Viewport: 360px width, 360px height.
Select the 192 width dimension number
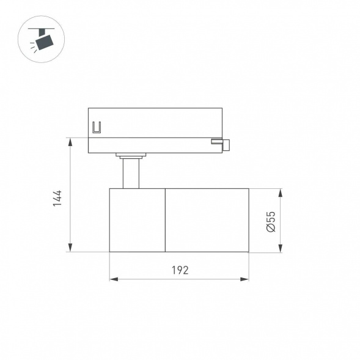click(x=179, y=270)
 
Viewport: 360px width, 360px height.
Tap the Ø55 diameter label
click(x=271, y=221)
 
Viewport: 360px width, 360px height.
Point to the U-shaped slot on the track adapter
click(x=96, y=128)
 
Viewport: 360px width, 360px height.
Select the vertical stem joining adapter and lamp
click(x=130, y=174)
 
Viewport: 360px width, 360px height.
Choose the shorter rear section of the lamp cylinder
click(x=137, y=220)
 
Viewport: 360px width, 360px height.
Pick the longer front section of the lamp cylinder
click(x=207, y=220)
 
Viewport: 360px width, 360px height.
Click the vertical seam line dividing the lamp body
click(x=165, y=220)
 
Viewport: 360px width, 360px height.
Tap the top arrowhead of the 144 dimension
click(x=71, y=142)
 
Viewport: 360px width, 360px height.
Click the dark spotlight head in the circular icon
click(x=44, y=42)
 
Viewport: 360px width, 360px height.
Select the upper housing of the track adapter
click(x=155, y=122)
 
